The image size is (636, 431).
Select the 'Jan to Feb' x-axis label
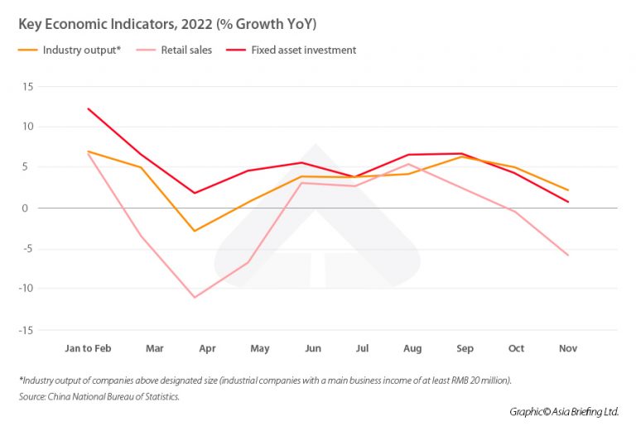tap(88, 348)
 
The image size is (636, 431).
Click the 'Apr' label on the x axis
tap(207, 348)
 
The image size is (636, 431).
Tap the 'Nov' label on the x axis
tap(567, 348)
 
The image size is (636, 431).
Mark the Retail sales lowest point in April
tap(195, 297)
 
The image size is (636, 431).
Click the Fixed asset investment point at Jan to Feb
tap(88, 108)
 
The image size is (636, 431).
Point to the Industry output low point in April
tap(195, 231)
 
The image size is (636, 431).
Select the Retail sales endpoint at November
tap(568, 256)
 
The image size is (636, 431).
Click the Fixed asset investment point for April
tap(195, 193)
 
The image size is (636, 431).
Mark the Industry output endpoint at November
tap(568, 190)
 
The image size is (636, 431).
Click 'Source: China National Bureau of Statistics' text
tap(99, 396)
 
